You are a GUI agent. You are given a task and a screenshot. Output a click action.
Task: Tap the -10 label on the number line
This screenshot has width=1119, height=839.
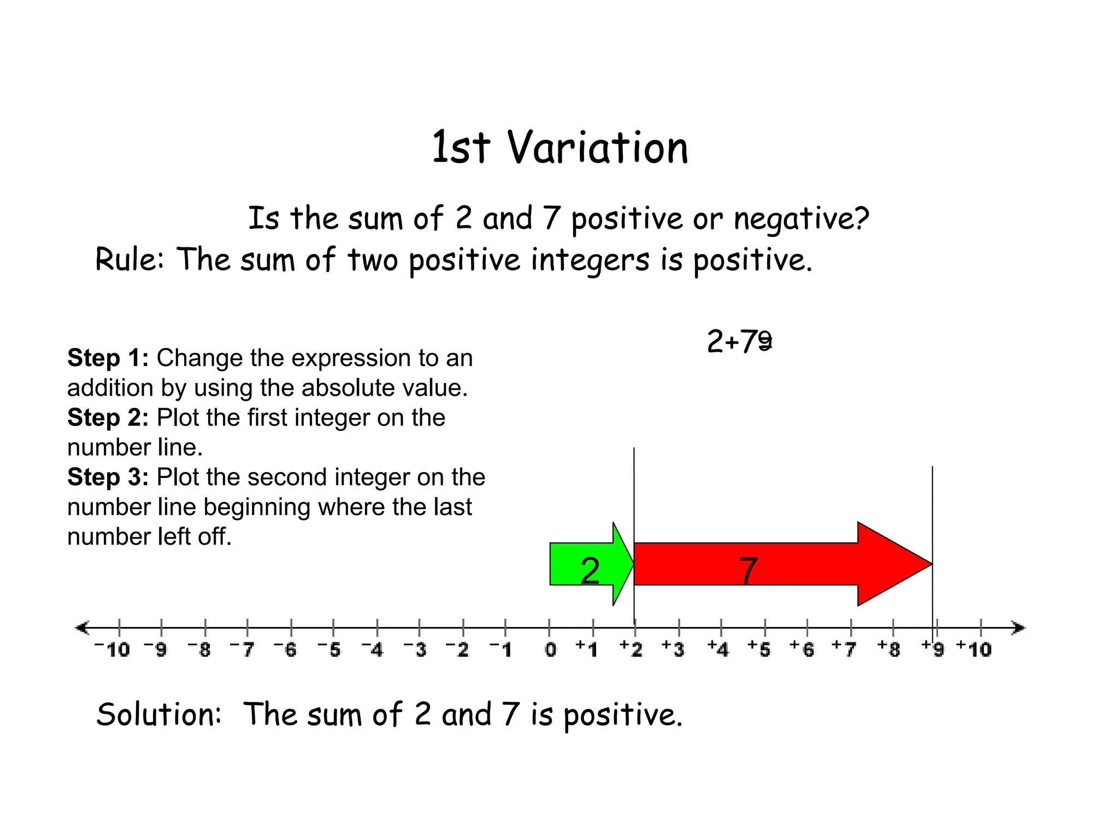click(113, 650)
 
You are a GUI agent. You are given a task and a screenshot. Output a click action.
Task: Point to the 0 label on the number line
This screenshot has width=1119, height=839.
click(550, 650)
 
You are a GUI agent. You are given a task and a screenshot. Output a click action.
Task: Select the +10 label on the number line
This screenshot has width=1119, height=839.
click(974, 649)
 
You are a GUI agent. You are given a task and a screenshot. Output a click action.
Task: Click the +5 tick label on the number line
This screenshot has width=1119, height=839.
click(759, 649)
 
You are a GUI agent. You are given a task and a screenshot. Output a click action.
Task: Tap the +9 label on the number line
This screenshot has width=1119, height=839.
click(933, 649)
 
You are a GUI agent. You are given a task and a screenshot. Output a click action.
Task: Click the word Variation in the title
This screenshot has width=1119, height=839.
click(598, 148)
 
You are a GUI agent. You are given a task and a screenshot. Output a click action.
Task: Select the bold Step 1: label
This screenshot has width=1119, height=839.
click(108, 358)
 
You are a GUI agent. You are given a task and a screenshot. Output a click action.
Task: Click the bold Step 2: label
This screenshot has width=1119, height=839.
click(108, 418)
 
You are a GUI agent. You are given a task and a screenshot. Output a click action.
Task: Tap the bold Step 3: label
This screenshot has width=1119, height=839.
click(108, 477)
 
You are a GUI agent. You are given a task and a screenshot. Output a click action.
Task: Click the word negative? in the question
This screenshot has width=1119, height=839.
click(801, 218)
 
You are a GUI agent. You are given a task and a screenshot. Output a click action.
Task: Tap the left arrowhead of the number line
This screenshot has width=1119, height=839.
click(82, 628)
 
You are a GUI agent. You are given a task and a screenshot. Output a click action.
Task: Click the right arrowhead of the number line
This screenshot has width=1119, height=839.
click(1018, 628)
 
